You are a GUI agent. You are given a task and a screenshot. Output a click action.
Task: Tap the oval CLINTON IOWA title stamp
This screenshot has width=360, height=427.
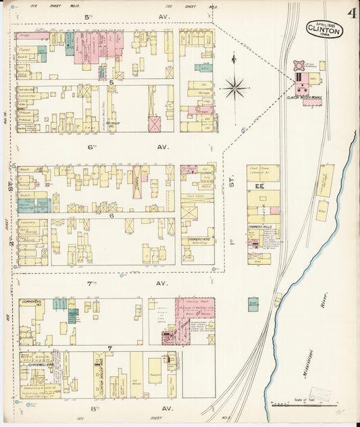click(x=324, y=29)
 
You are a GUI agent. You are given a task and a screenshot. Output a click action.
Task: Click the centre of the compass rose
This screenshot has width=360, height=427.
click(x=235, y=86)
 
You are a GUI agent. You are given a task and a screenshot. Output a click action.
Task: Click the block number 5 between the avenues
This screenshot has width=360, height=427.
click(x=110, y=82)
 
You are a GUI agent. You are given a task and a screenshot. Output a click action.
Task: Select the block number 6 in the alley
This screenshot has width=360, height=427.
click(x=110, y=215)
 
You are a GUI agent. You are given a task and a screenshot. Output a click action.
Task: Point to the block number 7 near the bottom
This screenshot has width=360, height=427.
click(x=109, y=348)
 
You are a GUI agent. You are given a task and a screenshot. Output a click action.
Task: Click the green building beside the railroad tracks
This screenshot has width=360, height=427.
click(x=253, y=304)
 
